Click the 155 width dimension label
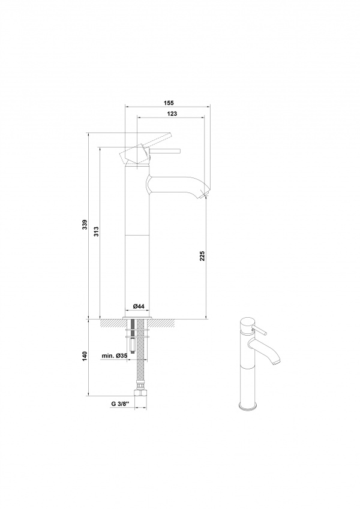[x=169, y=103]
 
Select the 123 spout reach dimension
[x=172, y=114]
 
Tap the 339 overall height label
[x=85, y=225]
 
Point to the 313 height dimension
[x=96, y=231]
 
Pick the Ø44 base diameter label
[x=139, y=306]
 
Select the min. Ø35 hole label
[x=114, y=356]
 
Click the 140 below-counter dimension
[x=85, y=357]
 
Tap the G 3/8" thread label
[x=120, y=404]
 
